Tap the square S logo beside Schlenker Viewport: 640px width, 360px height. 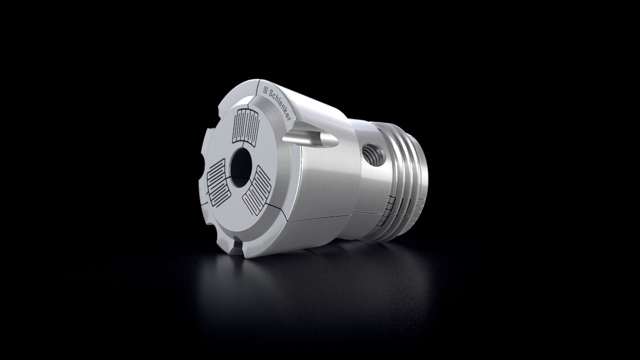(265, 89)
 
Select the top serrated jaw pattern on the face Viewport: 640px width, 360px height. (246, 127)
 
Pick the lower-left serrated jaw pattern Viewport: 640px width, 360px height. (216, 183)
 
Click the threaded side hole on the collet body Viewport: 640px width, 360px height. (373, 155)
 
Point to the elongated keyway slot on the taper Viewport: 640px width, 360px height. (310, 138)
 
